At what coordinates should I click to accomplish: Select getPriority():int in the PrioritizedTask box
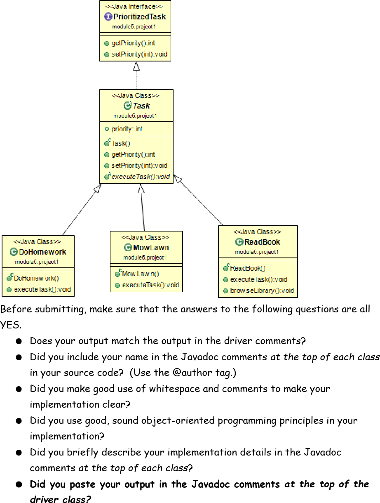coord(133,43)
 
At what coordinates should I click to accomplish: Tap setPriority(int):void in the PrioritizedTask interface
coord(139,54)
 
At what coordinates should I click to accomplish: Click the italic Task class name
coord(141,106)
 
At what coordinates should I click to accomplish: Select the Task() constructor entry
coord(121,144)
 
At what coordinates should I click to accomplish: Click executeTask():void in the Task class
coord(141,177)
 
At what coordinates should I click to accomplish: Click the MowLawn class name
coord(151,248)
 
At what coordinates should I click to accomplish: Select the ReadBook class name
coord(262,242)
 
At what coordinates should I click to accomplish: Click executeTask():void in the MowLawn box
coord(150,285)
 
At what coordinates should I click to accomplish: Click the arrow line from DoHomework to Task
coord(80,210)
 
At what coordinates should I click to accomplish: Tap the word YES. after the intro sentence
coord(10,325)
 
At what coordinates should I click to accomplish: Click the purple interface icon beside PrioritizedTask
coord(108,17)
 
